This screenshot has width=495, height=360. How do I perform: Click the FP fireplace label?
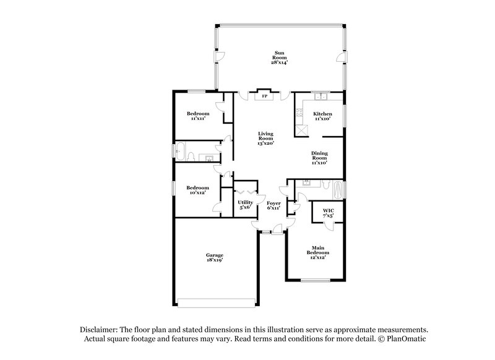[x=264, y=96]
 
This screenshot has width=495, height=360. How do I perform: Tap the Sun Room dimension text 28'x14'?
[x=278, y=62]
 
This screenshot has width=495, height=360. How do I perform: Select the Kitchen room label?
[x=322, y=114]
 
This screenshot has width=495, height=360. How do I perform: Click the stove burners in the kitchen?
[x=299, y=114]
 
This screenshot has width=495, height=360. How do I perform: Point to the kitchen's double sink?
[x=321, y=96]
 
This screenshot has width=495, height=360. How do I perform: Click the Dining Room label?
[x=319, y=155]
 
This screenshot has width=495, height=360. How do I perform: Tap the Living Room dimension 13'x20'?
[x=266, y=144]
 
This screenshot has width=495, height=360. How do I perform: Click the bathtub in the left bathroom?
[x=181, y=150]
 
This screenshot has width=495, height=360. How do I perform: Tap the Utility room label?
[x=245, y=202]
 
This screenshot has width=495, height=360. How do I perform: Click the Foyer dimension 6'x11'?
[x=273, y=208]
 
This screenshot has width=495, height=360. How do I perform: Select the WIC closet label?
[x=328, y=211]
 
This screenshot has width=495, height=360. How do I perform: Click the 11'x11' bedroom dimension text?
[x=198, y=119]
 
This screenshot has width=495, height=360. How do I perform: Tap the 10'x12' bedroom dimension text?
[x=198, y=192]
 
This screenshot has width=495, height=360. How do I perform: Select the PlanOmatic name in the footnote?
[x=407, y=340]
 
